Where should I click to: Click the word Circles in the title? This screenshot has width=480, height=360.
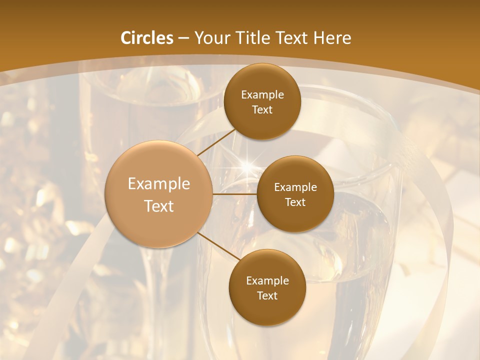coord(147,38)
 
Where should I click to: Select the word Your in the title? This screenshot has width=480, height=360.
coord(211,38)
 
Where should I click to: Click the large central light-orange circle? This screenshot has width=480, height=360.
coord(158,194)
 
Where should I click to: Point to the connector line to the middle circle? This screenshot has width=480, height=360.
coord(235,194)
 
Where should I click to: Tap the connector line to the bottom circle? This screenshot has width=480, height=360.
coord(218,246)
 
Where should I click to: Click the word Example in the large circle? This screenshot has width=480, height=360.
coord(159,183)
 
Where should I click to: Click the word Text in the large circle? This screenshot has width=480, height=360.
coord(159,206)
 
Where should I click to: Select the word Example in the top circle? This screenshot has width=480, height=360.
coord(262,94)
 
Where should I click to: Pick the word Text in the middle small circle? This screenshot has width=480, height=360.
coord(295,202)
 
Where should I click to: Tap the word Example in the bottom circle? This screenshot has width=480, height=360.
coord(267,280)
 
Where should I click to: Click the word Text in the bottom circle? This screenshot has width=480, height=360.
coord(267,295)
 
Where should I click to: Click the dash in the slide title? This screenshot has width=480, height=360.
coord(183,38)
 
